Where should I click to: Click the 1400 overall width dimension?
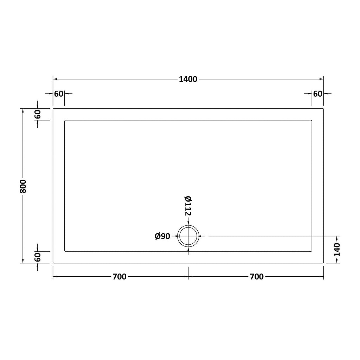point(188,79)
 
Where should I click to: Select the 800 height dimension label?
point(23,186)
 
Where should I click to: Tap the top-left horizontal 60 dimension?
point(59,94)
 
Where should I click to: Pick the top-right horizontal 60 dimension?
point(318,94)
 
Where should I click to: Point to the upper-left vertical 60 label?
point(37,114)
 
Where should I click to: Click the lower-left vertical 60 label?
point(37,257)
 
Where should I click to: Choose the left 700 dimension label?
point(120,277)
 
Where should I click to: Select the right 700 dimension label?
point(257,277)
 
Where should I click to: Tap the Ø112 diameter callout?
point(188,206)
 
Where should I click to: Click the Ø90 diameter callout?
point(162,236)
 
